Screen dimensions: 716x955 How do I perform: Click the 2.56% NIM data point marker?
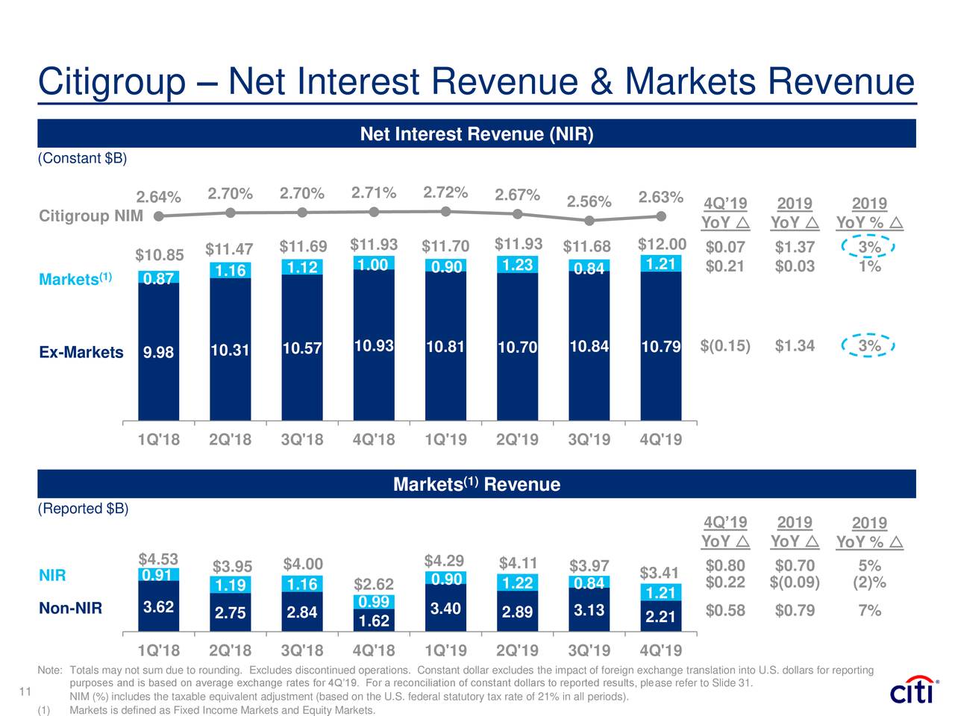point(589,220)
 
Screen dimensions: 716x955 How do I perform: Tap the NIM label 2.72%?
point(445,192)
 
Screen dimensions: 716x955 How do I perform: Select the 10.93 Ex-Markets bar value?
point(374,346)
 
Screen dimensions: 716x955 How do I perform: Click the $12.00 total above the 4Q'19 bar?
point(662,245)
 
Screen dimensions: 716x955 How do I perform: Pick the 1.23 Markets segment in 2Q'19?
point(517,266)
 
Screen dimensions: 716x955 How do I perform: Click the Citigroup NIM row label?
point(90,216)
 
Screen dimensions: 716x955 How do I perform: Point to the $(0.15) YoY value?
point(725,346)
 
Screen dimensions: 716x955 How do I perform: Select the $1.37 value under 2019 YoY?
point(795,248)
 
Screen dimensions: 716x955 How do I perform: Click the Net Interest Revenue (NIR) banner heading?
point(476,134)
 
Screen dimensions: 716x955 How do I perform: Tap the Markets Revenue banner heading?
point(476,485)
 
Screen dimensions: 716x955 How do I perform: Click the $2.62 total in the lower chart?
point(373,584)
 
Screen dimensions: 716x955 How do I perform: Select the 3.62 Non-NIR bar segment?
point(158,607)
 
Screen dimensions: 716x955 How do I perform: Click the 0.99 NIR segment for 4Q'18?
point(373,602)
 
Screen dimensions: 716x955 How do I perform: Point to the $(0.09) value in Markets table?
point(795,582)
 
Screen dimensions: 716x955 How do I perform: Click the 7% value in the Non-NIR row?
point(869,611)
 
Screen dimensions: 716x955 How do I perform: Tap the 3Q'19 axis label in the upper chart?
point(589,440)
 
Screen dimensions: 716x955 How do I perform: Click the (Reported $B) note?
point(83,509)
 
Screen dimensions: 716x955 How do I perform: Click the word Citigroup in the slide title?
point(111,82)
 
